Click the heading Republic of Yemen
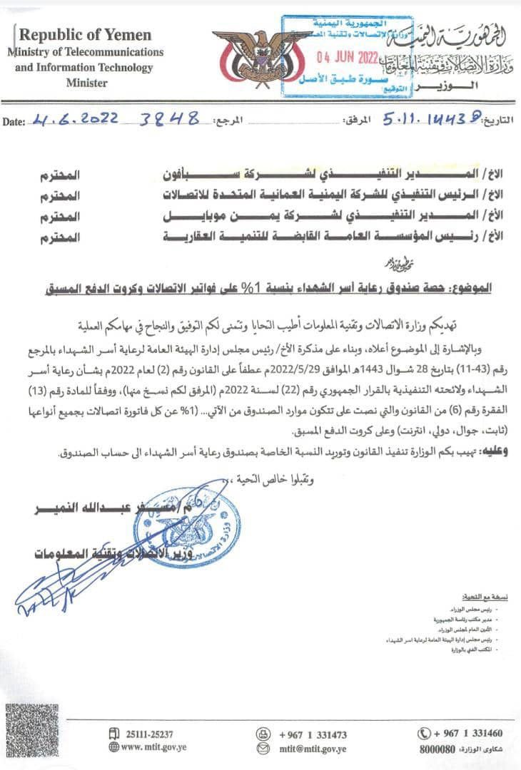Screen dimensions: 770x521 (x=86, y=35)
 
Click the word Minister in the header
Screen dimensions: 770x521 (x=86, y=83)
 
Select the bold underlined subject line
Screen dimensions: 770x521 (x=285, y=289)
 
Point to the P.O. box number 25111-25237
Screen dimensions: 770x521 (x=148, y=734)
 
